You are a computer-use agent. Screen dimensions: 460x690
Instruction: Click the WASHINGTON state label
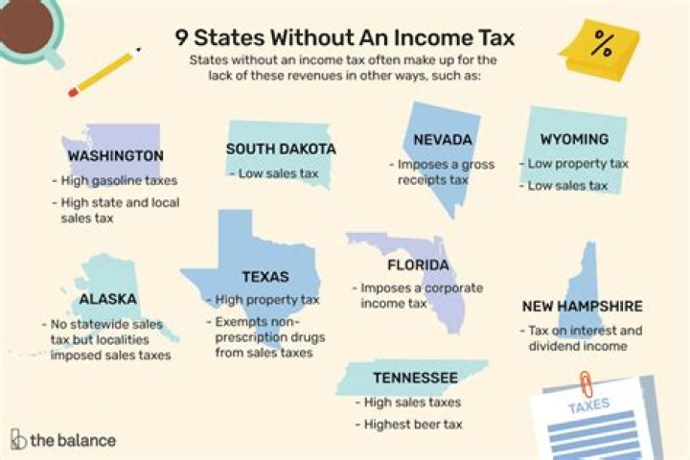click(115, 155)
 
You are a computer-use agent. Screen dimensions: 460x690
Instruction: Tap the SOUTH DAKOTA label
click(281, 149)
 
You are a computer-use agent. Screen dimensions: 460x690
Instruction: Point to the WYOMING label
click(574, 139)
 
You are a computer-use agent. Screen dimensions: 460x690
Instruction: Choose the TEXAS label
click(265, 277)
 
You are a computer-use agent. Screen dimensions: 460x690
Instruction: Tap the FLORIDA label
click(418, 264)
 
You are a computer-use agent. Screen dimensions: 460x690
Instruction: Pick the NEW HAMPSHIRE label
click(582, 307)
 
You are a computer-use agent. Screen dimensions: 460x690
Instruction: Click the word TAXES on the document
click(589, 405)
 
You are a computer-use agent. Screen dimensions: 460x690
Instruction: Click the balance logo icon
click(17, 441)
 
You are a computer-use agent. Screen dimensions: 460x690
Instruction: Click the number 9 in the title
click(181, 37)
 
